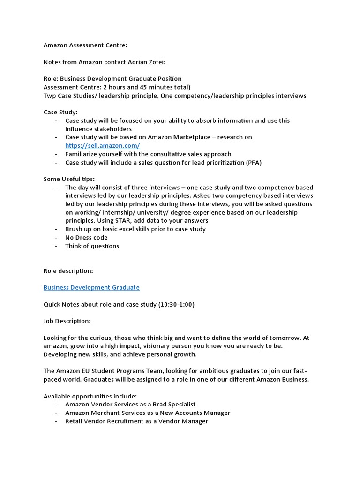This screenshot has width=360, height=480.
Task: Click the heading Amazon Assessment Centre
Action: tap(85, 45)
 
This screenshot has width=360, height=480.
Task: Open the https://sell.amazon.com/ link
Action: tap(102, 146)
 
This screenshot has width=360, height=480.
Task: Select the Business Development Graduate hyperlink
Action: tap(91, 287)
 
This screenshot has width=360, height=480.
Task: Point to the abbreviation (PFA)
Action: tap(253, 163)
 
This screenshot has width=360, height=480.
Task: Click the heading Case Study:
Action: tap(60, 112)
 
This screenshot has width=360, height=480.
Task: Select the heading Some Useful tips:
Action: tap(69, 179)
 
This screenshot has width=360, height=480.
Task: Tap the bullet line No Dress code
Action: tap(86, 238)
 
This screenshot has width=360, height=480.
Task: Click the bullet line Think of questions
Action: tap(92, 246)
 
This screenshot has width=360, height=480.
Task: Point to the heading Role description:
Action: tap(68, 271)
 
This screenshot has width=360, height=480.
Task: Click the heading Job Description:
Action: tap(67, 321)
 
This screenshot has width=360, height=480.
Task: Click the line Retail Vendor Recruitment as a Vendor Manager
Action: tap(136, 421)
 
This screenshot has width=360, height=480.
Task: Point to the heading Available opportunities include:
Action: tap(90, 396)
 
